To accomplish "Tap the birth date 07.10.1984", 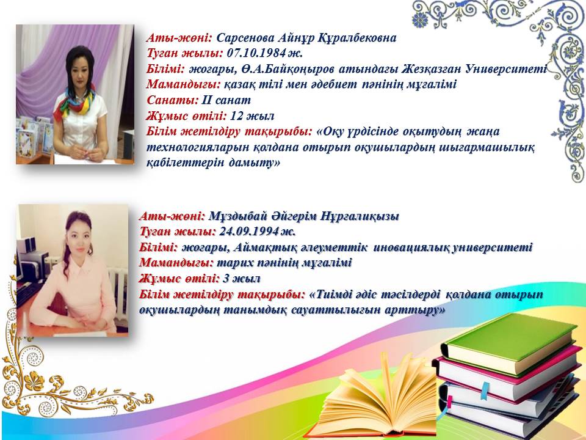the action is tap(256, 53).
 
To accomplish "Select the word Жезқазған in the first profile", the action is tap(432, 69).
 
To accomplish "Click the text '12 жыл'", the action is tap(252, 116).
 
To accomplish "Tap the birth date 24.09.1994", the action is tap(249, 231).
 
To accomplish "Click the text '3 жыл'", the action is tap(242, 279).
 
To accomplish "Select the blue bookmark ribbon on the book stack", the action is tap(485, 391).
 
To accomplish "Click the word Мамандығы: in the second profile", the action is tap(176, 263).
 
